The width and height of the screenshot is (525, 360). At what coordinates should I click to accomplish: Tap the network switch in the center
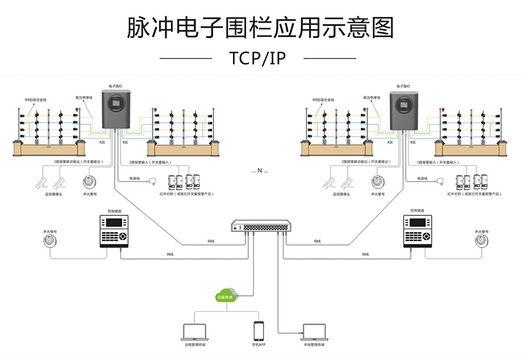click(262, 227)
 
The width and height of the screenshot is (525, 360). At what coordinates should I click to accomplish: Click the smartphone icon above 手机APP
click(259, 332)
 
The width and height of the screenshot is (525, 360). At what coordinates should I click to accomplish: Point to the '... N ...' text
click(259, 170)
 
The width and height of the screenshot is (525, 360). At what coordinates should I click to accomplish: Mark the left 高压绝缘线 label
click(84, 97)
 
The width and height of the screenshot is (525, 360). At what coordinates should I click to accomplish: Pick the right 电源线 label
click(423, 178)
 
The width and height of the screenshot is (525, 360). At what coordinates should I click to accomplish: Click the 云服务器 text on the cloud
click(225, 297)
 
